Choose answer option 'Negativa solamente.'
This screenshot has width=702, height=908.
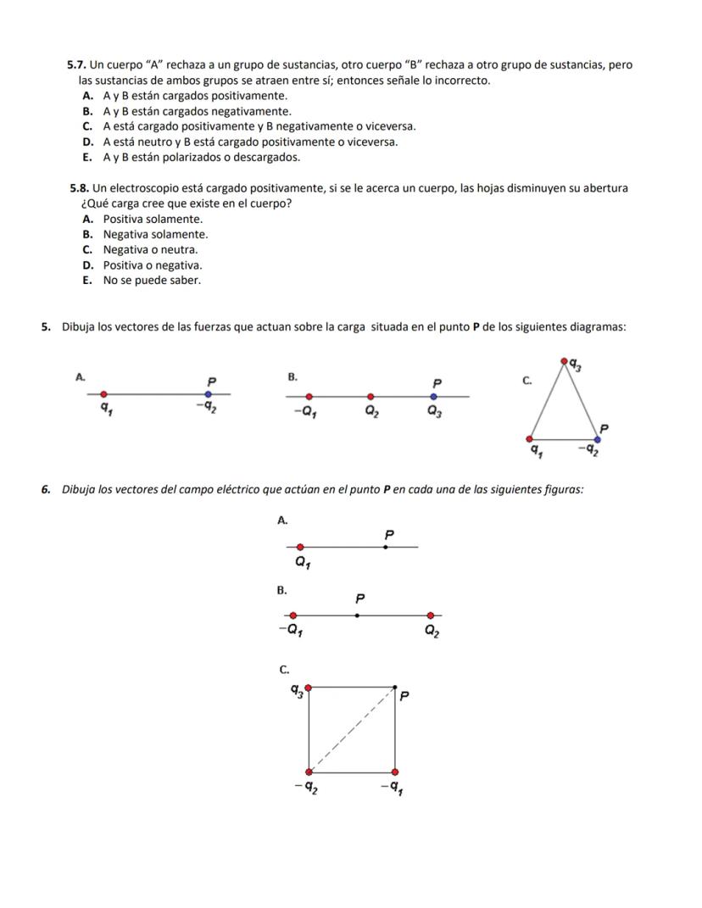[155, 234]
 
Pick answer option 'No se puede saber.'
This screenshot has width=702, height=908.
[152, 281]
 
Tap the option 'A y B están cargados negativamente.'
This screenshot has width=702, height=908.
[197, 111]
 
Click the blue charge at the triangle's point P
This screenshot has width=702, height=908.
[598, 439]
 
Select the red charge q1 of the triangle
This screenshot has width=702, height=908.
[531, 439]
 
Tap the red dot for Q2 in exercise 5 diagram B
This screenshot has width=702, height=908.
[370, 396]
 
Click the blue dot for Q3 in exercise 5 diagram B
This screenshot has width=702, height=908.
[434, 396]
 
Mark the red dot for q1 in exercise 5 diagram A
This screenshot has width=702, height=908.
[103, 394]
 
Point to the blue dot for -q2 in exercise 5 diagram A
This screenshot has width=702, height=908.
[208, 394]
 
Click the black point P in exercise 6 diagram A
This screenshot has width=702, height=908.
[386, 548]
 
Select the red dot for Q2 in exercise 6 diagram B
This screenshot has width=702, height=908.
[431, 616]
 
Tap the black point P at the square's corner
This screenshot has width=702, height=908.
[395, 686]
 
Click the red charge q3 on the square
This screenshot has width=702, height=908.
[309, 687]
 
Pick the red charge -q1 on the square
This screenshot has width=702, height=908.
[395, 772]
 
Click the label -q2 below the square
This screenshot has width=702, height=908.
[306, 790]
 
